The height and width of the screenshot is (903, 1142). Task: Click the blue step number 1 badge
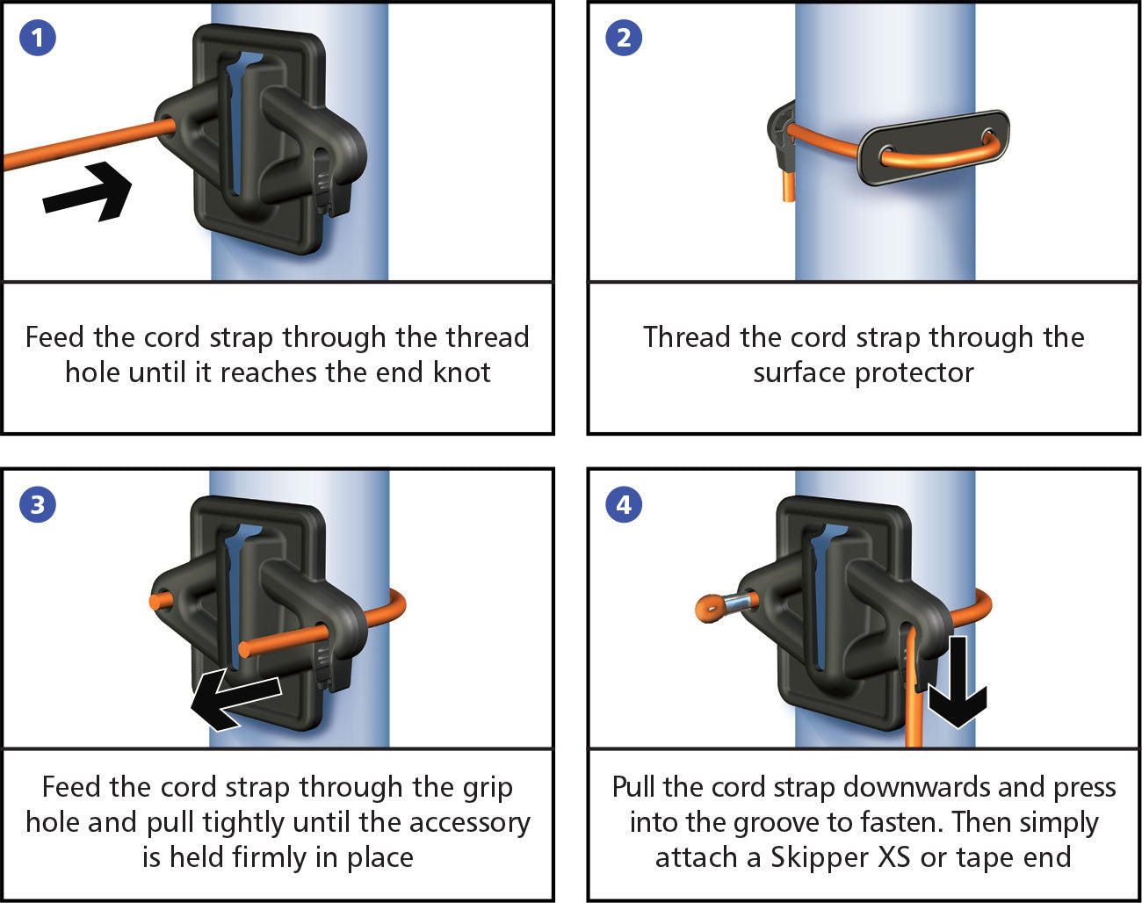tap(37, 38)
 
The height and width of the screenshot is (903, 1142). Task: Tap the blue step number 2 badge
tap(624, 38)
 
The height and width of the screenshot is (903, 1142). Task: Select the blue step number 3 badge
tap(37, 505)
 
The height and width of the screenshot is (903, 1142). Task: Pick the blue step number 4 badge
tap(624, 505)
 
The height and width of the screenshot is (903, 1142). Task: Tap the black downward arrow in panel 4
tap(957, 682)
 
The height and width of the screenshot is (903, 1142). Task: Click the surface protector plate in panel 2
tap(933, 147)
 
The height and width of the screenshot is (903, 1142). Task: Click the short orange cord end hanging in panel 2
tap(784, 186)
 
